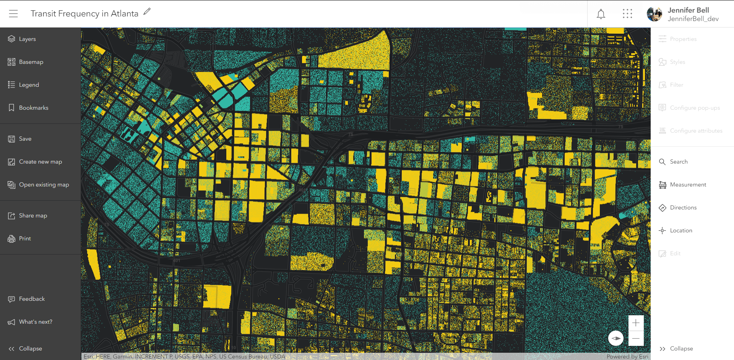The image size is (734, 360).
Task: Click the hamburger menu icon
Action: [13, 14]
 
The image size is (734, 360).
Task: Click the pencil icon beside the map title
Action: [147, 12]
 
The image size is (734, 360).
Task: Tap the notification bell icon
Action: [601, 14]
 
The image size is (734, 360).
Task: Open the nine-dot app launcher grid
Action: [627, 14]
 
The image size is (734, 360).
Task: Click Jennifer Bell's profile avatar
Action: [654, 14]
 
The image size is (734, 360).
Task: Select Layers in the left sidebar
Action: [27, 39]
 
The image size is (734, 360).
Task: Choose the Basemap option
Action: [31, 62]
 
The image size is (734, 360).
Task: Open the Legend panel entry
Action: [29, 85]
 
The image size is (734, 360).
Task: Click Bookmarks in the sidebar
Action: [33, 108]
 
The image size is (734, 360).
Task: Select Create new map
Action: [40, 162]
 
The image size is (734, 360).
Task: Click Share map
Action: [33, 216]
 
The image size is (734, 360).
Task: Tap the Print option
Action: [24, 238]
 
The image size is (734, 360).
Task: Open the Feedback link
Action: [31, 299]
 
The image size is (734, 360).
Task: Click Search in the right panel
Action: [678, 162]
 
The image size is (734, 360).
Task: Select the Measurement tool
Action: [687, 185]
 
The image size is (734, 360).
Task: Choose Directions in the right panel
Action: [683, 208]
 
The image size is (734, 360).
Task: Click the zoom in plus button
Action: [636, 323]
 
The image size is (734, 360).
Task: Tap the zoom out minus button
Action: [636, 339]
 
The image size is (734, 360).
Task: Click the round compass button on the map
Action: [616, 338]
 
